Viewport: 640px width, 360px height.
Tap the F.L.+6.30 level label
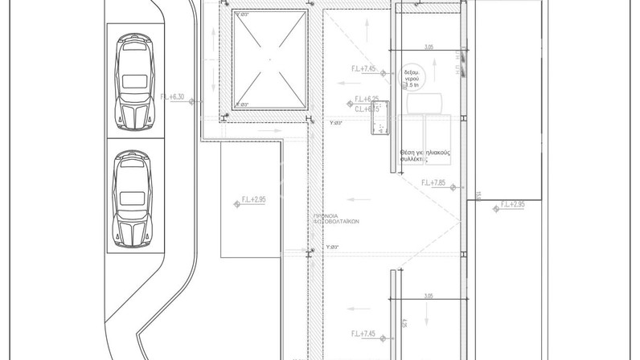[173, 96]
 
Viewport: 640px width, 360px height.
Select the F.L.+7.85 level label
[433, 183]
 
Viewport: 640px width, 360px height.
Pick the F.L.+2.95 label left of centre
[254, 198]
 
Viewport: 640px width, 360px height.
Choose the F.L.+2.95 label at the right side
[512, 205]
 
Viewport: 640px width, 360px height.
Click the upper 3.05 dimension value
[428, 47]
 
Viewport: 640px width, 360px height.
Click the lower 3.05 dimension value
[428, 297]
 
